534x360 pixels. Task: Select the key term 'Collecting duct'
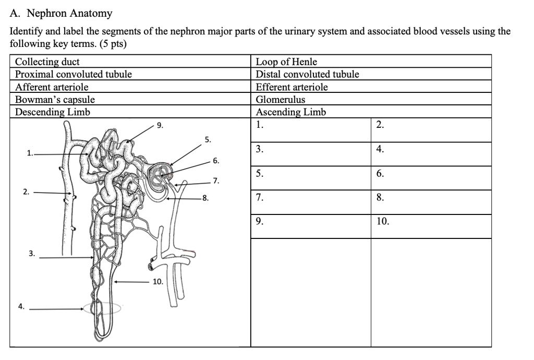47,62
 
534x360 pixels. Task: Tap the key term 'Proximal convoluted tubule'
74,75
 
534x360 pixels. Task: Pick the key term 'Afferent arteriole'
52,87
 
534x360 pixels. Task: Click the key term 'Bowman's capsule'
55,100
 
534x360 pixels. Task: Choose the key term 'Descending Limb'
53,112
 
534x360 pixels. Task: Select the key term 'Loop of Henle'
286,62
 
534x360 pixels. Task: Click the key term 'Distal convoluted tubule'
307,75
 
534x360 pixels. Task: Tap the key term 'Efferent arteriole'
292,87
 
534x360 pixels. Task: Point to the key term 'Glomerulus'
281,100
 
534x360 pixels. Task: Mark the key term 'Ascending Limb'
290,112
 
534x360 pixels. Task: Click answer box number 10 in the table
431,226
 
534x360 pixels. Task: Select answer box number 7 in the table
311,202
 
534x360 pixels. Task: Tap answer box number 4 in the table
431,154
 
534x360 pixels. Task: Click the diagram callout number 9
160,125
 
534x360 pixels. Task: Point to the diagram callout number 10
157,282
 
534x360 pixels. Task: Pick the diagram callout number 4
21,307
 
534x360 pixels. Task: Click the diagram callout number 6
215,161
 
